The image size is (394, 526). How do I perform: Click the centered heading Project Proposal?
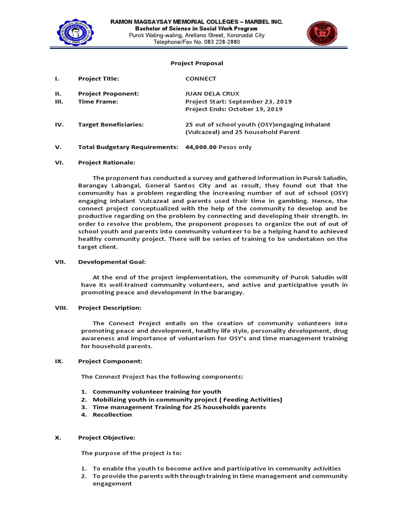[x=196, y=63]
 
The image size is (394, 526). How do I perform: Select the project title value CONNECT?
[x=201, y=79]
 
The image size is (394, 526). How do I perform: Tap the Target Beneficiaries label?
[x=110, y=124]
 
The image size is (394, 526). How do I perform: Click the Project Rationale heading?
[x=106, y=162]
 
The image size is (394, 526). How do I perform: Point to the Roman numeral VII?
[x=60, y=262]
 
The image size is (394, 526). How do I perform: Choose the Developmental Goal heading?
[x=112, y=262]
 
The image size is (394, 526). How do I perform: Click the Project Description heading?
[x=109, y=308]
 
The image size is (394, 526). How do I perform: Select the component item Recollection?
[x=112, y=415]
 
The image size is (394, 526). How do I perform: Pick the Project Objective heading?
[x=106, y=438]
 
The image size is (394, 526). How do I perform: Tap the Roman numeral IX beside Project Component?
[x=59, y=361]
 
